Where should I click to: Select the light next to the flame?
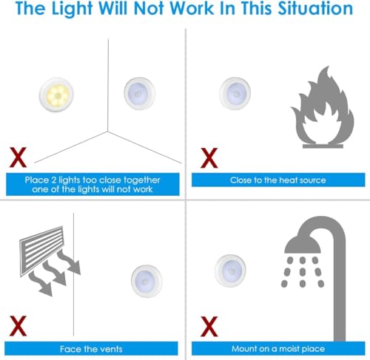point(238,92)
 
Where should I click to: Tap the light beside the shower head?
point(232,271)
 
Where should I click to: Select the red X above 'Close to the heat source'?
point(210,157)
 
